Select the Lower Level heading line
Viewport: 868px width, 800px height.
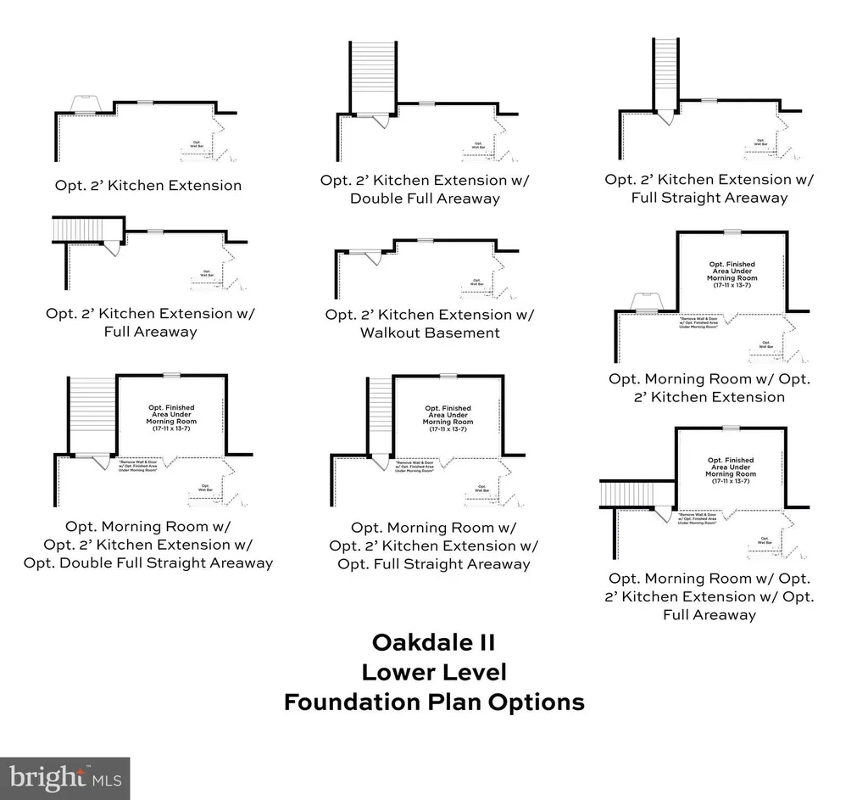[434, 672]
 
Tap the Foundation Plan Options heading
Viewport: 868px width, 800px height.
[434, 702]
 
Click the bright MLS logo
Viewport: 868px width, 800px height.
[65, 778]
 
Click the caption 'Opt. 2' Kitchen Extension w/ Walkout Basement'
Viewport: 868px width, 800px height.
[430, 323]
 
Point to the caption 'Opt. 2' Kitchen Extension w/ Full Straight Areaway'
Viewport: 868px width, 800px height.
[709, 188]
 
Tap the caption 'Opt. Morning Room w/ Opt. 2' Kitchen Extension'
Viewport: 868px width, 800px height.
[709, 388]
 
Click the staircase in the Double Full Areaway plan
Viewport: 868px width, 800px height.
[373, 76]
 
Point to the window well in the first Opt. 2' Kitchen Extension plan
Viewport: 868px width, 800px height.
[86, 103]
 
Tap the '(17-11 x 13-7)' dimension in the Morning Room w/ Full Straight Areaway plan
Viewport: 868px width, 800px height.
[448, 429]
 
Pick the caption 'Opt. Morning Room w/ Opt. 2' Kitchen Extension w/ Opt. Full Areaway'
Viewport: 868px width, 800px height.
[709, 596]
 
